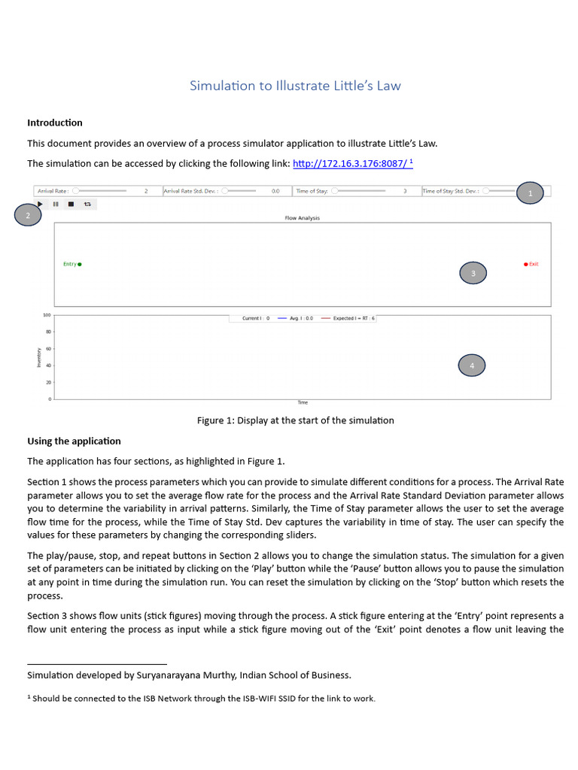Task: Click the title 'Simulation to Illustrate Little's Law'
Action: (x=295, y=86)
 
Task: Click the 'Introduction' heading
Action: (x=55, y=123)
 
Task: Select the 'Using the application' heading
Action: (x=74, y=441)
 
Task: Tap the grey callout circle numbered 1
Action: (x=531, y=193)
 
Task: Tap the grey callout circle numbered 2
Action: (x=28, y=216)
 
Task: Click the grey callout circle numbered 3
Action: (x=473, y=274)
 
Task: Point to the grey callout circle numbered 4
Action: (x=472, y=365)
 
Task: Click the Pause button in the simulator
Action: (x=56, y=204)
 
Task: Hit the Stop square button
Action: (x=71, y=204)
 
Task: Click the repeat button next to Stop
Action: (x=87, y=204)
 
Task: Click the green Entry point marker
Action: (x=79, y=264)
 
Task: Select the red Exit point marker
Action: (x=526, y=264)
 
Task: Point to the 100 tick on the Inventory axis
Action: (x=47, y=315)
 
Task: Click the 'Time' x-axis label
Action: (x=302, y=403)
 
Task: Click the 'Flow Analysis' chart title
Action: (x=302, y=218)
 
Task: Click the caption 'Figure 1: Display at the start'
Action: (x=295, y=420)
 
